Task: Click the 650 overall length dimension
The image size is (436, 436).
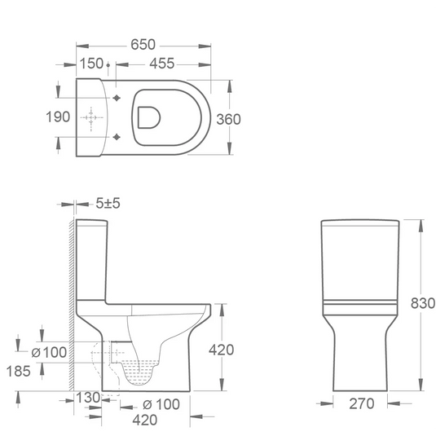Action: pyautogui.click(x=143, y=45)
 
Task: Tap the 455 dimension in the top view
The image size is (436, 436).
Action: pyautogui.click(x=162, y=64)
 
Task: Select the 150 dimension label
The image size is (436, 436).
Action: pyautogui.click(x=91, y=64)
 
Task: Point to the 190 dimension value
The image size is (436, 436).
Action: pyautogui.click(x=58, y=117)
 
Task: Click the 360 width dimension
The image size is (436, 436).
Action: pyautogui.click(x=228, y=119)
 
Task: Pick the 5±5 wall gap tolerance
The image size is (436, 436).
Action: pyautogui.click(x=108, y=203)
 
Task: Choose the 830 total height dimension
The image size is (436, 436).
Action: pyautogui.click(x=423, y=303)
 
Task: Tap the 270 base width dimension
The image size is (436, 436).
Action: pyautogui.click(x=362, y=403)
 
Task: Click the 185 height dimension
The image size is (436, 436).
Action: pyautogui.click(x=19, y=372)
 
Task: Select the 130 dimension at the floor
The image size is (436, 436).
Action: pyautogui.click(x=88, y=398)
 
